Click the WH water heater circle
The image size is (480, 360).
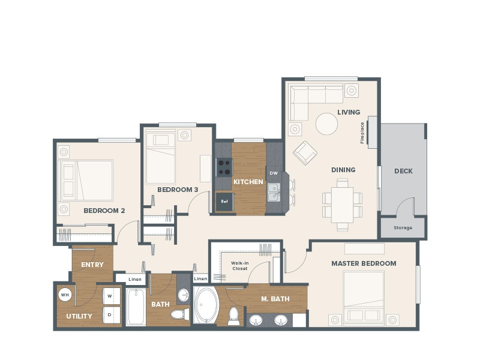(65, 295)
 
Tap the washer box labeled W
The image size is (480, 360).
(110, 295)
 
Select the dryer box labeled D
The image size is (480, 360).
(110, 313)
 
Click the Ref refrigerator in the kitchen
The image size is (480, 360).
(224, 201)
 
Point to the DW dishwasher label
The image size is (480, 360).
(274, 173)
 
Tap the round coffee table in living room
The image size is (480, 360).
(326, 124)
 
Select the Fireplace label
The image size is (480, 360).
(362, 133)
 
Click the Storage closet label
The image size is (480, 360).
(403, 228)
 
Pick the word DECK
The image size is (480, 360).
(403, 171)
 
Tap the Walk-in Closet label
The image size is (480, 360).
(240, 265)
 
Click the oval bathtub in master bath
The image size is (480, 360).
(206, 306)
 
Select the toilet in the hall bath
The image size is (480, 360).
(179, 314)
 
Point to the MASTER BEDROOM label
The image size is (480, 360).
(364, 263)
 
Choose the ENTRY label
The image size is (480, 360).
(92, 265)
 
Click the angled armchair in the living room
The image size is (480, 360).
(305, 152)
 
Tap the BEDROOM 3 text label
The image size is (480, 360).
(178, 190)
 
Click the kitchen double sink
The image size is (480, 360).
(274, 192)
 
